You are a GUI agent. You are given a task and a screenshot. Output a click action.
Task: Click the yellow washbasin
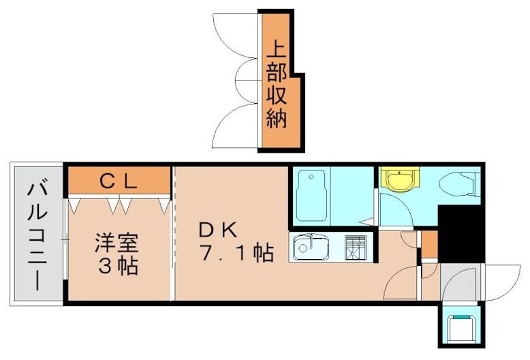click(x=397, y=181)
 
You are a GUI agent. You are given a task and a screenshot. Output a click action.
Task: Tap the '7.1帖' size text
click(x=236, y=254)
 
